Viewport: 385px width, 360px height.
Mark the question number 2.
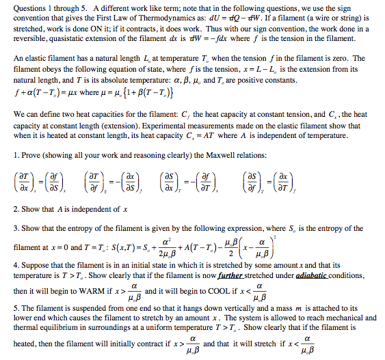click(16, 208)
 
